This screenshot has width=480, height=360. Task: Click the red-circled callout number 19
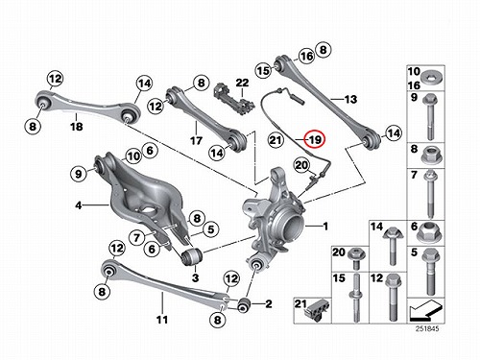[314, 140]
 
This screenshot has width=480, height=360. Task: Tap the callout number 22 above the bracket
[242, 83]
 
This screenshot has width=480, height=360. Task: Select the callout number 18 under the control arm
[76, 127]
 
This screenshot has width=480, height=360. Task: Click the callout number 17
[196, 140]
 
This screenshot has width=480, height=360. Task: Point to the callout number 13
[350, 99]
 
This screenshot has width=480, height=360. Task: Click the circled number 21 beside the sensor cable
[276, 140]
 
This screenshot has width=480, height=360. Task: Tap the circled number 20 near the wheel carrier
[301, 165]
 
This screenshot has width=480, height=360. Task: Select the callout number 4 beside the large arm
[79, 205]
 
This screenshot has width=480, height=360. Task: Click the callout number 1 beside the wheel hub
[325, 227]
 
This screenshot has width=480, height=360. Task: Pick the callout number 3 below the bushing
[195, 277]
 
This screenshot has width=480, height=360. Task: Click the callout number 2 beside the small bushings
[269, 303]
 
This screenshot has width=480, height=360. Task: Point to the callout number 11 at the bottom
[162, 319]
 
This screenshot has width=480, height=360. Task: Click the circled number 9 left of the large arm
[79, 174]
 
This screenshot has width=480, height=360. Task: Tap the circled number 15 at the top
[263, 70]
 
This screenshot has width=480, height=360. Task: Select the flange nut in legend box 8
[430, 155]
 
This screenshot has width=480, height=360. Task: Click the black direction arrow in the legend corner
[425, 310]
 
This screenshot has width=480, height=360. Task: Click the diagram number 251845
[427, 328]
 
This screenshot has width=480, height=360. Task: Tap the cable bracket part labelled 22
[233, 99]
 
